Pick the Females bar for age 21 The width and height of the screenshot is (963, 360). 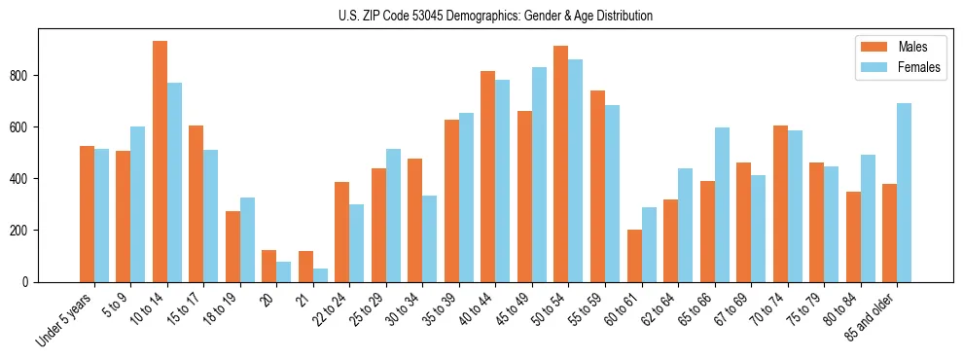pyautogui.click(x=320, y=275)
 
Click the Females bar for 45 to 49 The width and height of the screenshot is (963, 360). pyautogui.click(x=539, y=174)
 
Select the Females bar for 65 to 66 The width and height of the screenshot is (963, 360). pyautogui.click(x=722, y=204)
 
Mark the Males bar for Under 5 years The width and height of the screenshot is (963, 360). pyautogui.click(x=87, y=214)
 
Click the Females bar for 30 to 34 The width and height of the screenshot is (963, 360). pyautogui.click(x=430, y=238)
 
